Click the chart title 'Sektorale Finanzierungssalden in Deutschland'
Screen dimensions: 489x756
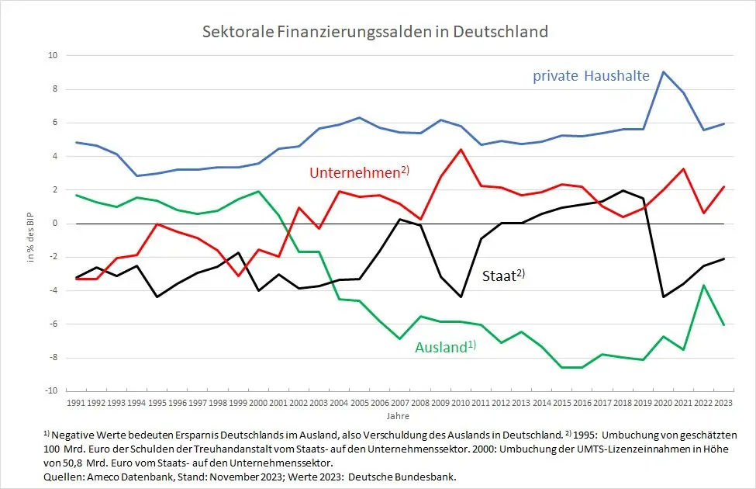(375, 32)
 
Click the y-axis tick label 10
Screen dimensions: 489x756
(53, 56)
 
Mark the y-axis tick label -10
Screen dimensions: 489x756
(51, 391)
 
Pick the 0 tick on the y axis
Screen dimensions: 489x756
(55, 224)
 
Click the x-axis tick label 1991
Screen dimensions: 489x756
(76, 403)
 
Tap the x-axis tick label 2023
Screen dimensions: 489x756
(724, 403)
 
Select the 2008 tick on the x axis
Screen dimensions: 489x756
(420, 403)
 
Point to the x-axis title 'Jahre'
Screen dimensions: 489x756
(400, 416)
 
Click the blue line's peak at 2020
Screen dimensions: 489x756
(663, 71)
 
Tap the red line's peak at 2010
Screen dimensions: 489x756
(461, 150)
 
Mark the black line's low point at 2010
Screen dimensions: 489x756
(461, 297)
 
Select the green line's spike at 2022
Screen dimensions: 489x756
(704, 286)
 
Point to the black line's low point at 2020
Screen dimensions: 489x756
(663, 297)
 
